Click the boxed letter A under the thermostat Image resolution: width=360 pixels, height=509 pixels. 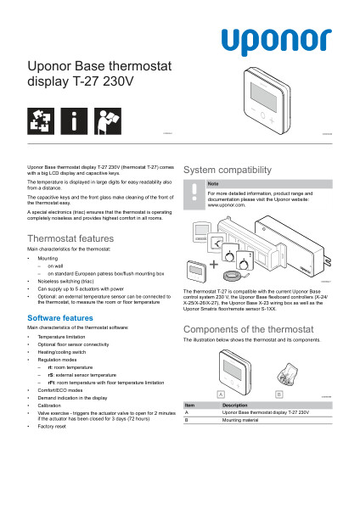[221, 394]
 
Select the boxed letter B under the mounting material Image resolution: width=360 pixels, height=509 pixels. [278, 394]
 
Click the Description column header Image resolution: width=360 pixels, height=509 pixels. [235, 405]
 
